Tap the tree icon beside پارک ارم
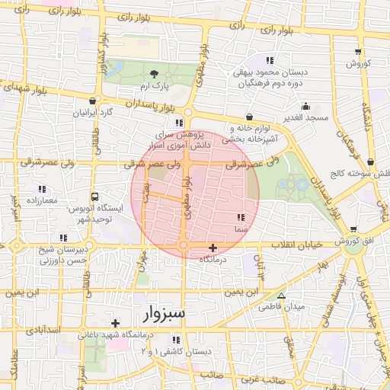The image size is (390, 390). pos(155,74)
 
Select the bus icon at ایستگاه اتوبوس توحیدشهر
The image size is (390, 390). pos(94,196)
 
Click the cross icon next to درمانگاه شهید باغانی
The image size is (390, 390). pos(115,323)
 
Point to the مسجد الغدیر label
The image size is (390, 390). pos(302,117)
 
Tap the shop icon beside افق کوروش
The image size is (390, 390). pos(353,231)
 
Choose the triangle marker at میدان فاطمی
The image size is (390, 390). pos(282,295)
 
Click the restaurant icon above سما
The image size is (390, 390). pos(241,217)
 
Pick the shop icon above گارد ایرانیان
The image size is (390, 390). pos(93,101)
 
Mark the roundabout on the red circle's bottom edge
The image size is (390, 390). pos(184,245)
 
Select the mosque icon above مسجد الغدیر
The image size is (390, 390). pos(306,106)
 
